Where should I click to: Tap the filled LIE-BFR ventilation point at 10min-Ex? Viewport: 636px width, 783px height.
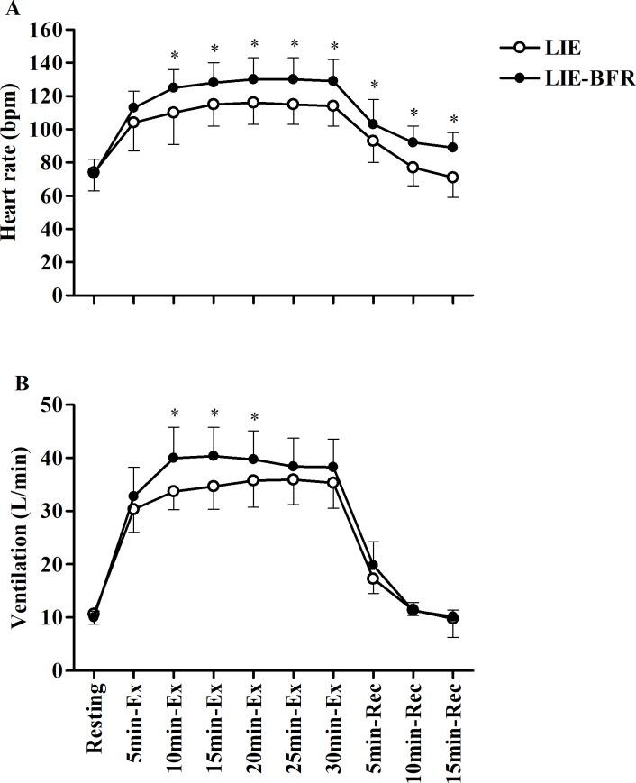174,458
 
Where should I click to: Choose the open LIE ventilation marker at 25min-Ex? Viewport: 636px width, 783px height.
293,479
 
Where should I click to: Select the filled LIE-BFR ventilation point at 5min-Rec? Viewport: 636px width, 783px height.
373,566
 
